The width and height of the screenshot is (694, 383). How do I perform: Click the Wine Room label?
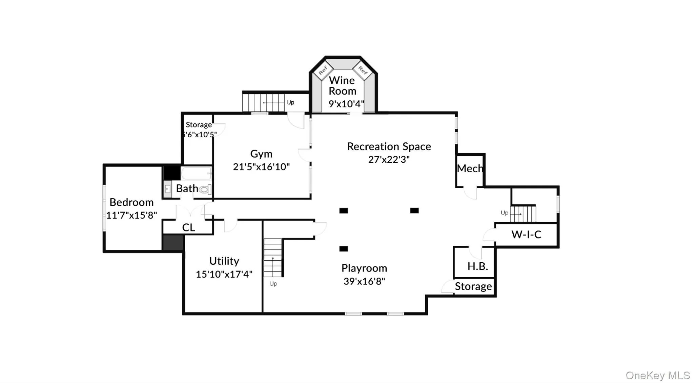click(342, 86)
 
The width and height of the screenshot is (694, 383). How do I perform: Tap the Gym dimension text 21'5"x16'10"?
click(261, 167)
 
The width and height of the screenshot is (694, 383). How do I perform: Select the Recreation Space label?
click(389, 146)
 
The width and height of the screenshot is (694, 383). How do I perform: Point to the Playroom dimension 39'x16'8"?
click(364, 281)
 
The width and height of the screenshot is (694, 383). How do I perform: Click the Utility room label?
click(224, 261)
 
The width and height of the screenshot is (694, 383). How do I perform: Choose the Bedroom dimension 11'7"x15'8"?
click(131, 215)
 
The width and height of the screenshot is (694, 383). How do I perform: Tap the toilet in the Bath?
click(205, 189)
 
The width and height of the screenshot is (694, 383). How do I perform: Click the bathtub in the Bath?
click(196, 173)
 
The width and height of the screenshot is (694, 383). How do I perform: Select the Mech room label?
click(470, 168)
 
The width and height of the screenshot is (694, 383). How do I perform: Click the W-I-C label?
click(526, 234)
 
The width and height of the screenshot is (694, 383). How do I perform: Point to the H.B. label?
click(478, 266)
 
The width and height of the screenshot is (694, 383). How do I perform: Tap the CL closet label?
click(188, 227)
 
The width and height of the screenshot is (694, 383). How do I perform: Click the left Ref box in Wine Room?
click(323, 70)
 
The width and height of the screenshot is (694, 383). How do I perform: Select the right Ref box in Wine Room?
click(363, 70)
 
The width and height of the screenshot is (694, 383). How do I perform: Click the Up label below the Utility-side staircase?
click(273, 284)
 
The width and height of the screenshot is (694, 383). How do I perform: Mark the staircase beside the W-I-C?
click(523, 214)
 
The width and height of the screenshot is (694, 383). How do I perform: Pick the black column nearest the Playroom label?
click(344, 249)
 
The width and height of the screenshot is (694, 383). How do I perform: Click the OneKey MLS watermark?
click(658, 375)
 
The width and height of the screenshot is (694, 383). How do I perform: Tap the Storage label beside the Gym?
click(199, 125)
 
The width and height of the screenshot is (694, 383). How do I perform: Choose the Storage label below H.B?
click(473, 286)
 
